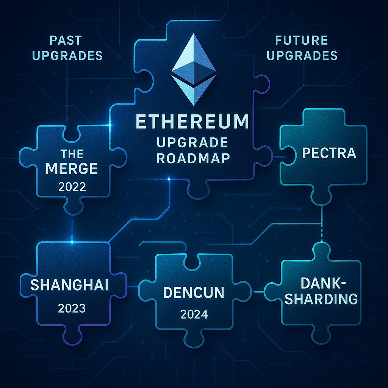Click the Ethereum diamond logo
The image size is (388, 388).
(194, 70)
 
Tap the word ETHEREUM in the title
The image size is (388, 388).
(192, 122)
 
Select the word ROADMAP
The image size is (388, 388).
(193, 158)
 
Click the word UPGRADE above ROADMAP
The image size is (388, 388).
(192, 142)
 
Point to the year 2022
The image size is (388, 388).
(72, 186)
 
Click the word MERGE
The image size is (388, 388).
(72, 169)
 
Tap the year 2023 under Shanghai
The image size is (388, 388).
(72, 308)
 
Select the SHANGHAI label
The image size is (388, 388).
(69, 285)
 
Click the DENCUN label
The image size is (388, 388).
(194, 293)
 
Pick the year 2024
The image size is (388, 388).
(194, 314)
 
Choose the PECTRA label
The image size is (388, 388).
(329, 153)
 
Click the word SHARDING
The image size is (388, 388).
(321, 299)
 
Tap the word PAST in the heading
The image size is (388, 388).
(66, 40)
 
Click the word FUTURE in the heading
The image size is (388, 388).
(302, 40)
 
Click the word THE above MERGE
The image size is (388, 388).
(72, 154)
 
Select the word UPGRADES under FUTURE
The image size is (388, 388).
(302, 55)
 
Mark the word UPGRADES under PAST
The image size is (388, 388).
(67, 55)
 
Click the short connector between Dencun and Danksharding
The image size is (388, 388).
(259, 292)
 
